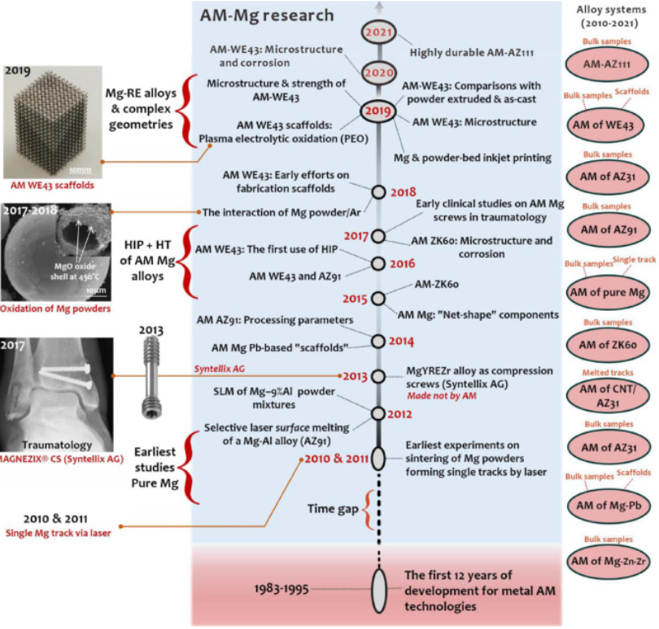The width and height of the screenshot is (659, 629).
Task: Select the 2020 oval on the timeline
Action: pyautogui.click(x=377, y=71)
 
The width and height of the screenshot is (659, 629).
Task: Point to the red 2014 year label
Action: pyautogui.click(x=403, y=340)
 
